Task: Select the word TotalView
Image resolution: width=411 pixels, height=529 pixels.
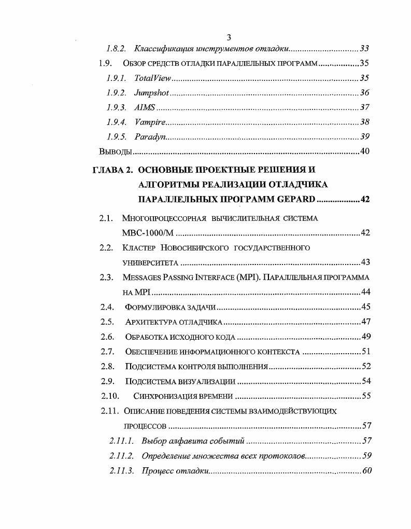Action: pyautogui.click(x=152, y=79)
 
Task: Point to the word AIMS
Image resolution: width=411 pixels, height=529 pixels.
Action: pyautogui.click(x=145, y=108)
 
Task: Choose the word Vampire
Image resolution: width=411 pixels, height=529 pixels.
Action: pyautogui.click(x=150, y=122)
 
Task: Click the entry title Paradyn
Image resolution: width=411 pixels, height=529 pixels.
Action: pyautogui.click(x=150, y=137)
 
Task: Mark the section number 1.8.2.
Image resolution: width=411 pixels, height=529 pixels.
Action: pyautogui.click(x=117, y=49)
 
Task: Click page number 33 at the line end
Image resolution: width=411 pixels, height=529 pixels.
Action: pyautogui.click(x=364, y=49)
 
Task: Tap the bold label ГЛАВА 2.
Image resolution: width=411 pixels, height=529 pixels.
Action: pyautogui.click(x=113, y=170)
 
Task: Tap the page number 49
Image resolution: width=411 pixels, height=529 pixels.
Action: pyautogui.click(x=365, y=337)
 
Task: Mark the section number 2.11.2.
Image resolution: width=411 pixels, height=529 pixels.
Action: pyautogui.click(x=122, y=456)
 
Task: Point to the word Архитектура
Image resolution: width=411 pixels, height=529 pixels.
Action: pyautogui.click(x=150, y=322)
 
